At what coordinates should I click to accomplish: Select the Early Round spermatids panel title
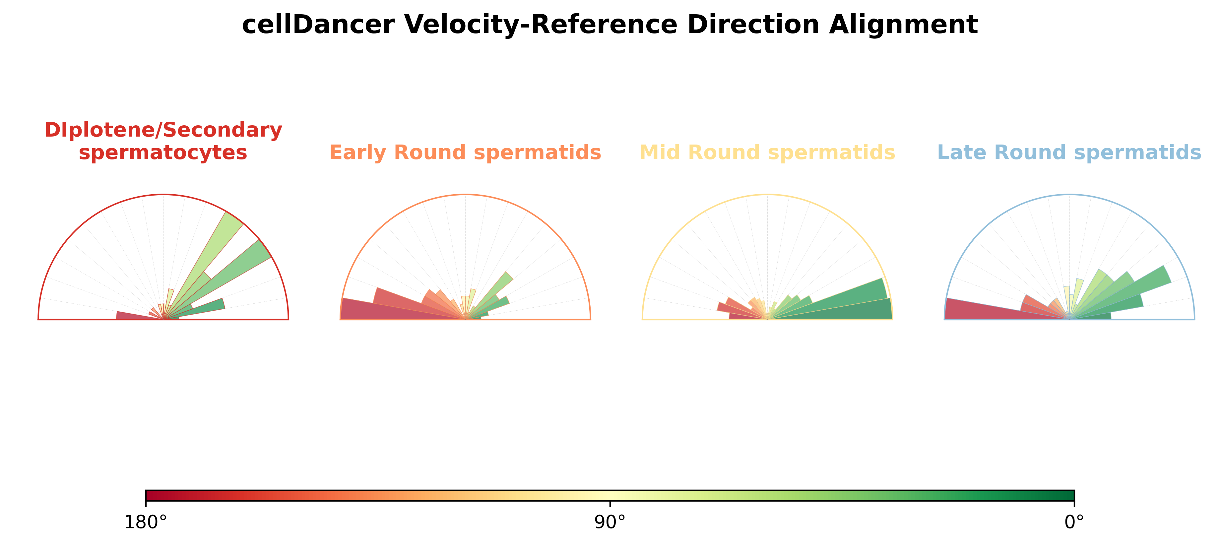(x=465, y=152)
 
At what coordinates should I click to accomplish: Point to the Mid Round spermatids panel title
(x=767, y=152)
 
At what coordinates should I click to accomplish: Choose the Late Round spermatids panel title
(x=1069, y=152)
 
